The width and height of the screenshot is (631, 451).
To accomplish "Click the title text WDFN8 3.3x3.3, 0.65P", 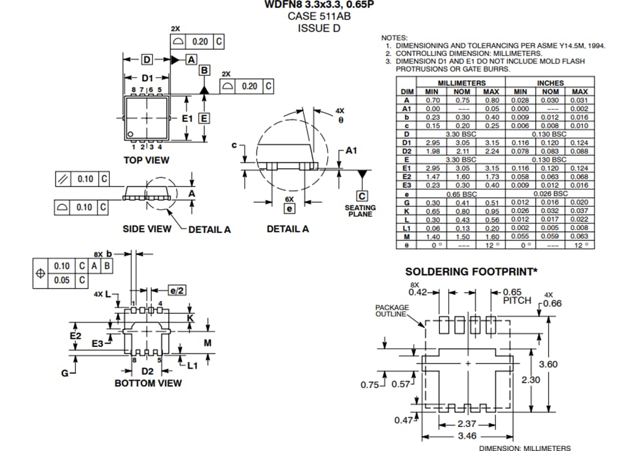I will coord(318,5).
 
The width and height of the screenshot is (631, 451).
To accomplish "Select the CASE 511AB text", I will coord(318,16).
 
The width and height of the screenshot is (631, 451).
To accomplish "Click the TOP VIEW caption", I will coord(146,160).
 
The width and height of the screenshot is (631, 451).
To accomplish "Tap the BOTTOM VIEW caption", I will coord(148,383).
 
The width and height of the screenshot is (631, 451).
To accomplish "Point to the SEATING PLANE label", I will coord(360,211).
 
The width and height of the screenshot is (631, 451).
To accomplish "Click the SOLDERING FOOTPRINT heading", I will coord(470,272).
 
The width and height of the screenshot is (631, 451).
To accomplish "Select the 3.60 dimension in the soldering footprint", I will coord(548,364).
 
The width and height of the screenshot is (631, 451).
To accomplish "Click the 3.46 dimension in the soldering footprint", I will coord(467,436).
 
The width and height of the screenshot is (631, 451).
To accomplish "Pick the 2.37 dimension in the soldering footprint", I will coord(467,424).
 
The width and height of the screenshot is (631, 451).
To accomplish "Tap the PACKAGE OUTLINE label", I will coord(392,311).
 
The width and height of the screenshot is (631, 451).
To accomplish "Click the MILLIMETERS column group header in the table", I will coord(462,83).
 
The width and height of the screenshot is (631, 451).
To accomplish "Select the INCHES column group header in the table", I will coord(550,83).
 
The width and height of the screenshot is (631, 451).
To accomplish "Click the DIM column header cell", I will coord(407,92).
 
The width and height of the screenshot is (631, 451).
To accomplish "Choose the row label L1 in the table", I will coord(407,228).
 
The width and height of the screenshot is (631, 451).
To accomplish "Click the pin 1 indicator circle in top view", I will coord(131,133).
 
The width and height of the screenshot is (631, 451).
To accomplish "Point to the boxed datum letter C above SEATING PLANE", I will coord(362,196).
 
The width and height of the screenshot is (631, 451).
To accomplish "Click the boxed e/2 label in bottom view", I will coord(177,290).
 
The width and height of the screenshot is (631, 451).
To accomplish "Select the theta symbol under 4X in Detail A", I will coord(340,120).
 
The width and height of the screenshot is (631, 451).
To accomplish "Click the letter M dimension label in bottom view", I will coord(207,342).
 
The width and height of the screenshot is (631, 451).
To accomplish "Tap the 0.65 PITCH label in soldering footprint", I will coord(516,296).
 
